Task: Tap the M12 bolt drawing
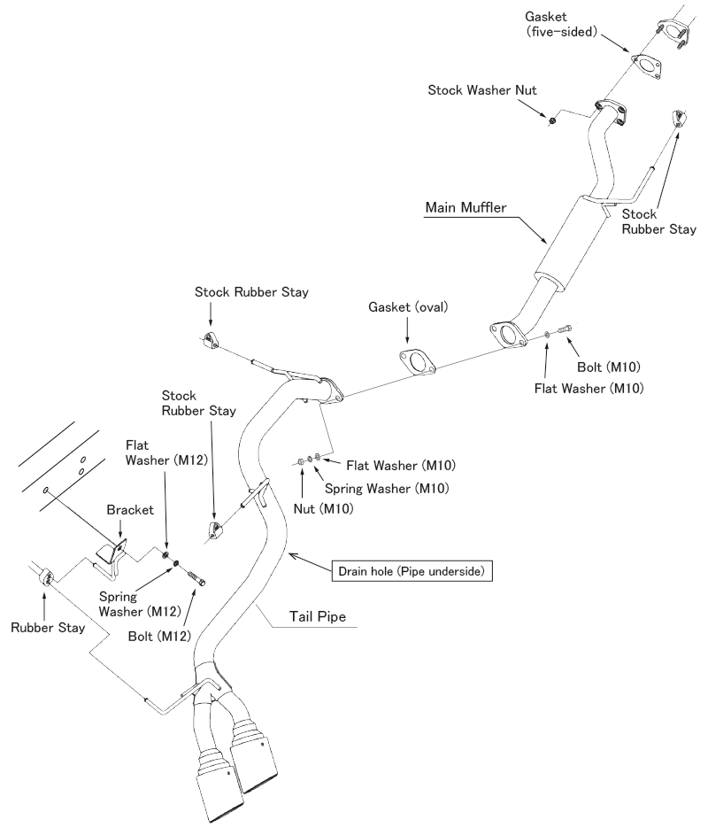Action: (x=198, y=576)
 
